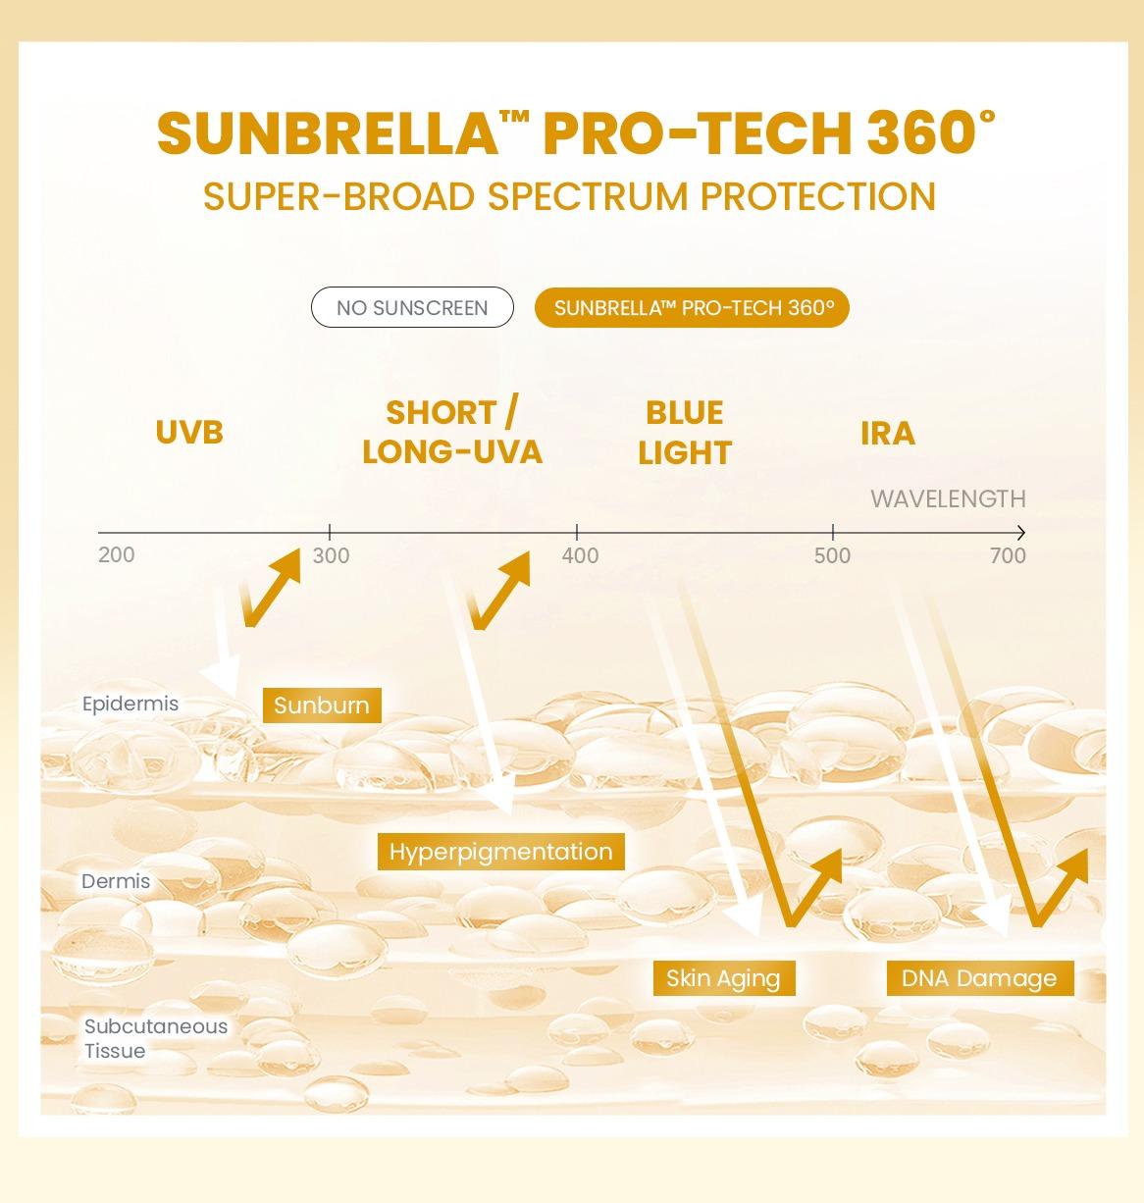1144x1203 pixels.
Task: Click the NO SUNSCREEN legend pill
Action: (412, 307)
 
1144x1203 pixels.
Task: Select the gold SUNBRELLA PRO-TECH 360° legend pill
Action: (692, 307)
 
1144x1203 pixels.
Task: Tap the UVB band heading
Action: (189, 432)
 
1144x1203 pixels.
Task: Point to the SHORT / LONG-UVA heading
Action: (452, 432)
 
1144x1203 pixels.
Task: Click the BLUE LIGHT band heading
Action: (685, 433)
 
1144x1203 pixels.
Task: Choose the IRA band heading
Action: (888, 433)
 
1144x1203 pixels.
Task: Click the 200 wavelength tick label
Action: (117, 555)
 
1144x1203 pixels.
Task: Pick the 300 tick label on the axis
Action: (331, 556)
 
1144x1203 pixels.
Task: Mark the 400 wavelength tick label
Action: (580, 556)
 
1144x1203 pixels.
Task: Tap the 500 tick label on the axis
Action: (832, 556)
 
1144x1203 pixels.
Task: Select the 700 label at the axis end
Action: (1008, 556)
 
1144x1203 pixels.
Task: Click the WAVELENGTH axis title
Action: (948, 498)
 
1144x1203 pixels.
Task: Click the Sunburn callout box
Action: (322, 705)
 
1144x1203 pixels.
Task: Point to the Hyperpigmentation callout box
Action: (500, 851)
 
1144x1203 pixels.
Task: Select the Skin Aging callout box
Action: (723, 977)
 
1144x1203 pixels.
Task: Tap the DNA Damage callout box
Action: (979, 977)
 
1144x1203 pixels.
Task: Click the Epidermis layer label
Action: (130, 704)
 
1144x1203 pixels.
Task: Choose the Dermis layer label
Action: (116, 881)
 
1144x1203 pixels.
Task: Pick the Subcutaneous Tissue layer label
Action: (155, 1038)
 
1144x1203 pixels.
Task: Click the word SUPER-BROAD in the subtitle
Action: (338, 196)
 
